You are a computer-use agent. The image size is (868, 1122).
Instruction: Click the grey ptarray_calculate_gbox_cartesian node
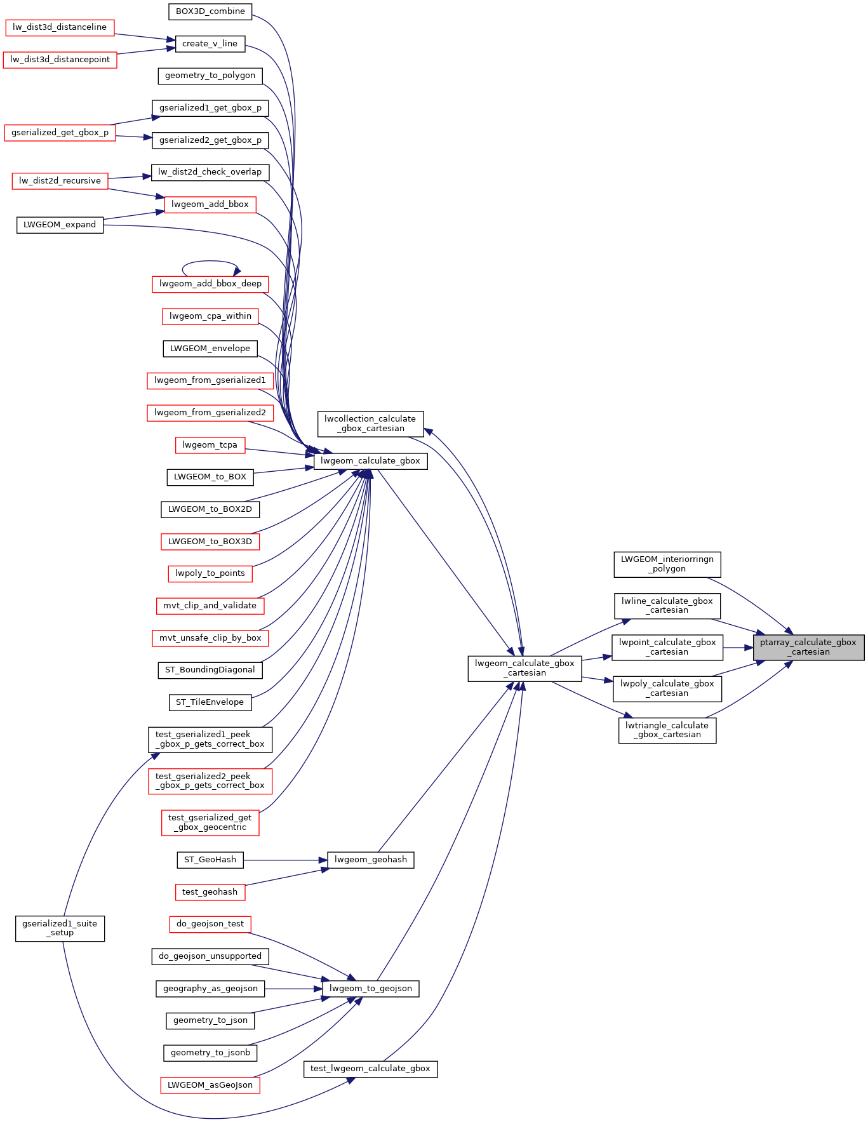tap(808, 647)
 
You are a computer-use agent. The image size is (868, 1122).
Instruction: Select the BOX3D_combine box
tap(210, 11)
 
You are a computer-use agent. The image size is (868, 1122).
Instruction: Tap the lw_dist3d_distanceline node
tap(60, 27)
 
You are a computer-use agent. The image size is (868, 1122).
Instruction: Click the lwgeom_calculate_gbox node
tap(370, 461)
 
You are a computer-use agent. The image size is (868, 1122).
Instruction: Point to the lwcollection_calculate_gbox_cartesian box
tap(370, 424)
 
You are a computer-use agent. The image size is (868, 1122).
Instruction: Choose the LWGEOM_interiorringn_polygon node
tap(667, 564)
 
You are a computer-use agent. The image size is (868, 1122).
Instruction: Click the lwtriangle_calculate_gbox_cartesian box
tap(667, 730)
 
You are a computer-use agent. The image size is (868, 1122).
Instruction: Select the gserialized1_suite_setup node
tap(60, 928)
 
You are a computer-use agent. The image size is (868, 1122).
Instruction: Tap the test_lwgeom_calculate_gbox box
tap(370, 1069)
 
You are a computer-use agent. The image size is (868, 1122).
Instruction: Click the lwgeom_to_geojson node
tap(371, 989)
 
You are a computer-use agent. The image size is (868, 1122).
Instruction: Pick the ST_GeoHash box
tap(210, 860)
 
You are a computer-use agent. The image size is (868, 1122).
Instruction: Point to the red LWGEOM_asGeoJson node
tap(210, 1085)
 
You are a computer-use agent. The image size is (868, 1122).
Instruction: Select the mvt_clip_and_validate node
tap(210, 606)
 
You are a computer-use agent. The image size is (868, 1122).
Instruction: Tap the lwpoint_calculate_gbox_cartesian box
tap(667, 647)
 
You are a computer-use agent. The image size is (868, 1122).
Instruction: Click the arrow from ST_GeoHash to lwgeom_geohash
tap(285, 860)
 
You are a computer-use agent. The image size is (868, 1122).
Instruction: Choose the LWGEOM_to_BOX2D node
tap(210, 509)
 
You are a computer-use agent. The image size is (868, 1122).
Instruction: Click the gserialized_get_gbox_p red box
tap(60, 133)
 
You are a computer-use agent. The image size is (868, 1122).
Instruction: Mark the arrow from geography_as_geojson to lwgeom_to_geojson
tap(293, 989)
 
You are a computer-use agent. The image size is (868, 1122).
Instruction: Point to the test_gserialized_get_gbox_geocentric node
tap(210, 822)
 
